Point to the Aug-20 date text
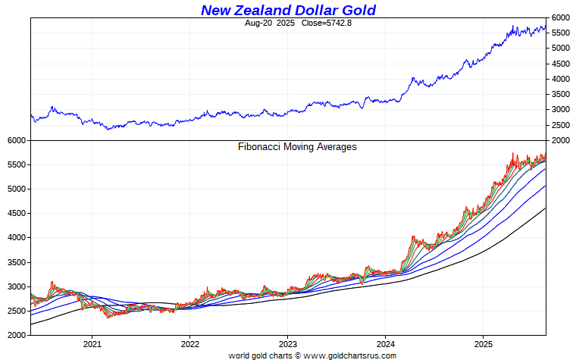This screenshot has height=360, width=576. coord(258,23)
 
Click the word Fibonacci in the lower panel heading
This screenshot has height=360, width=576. coord(261,146)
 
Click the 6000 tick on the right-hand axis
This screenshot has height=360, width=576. coord(561,17)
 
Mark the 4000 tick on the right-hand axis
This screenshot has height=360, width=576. coord(561,79)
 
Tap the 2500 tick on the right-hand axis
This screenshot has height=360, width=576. coord(561,125)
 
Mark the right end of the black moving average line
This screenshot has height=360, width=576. coord(545,208)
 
